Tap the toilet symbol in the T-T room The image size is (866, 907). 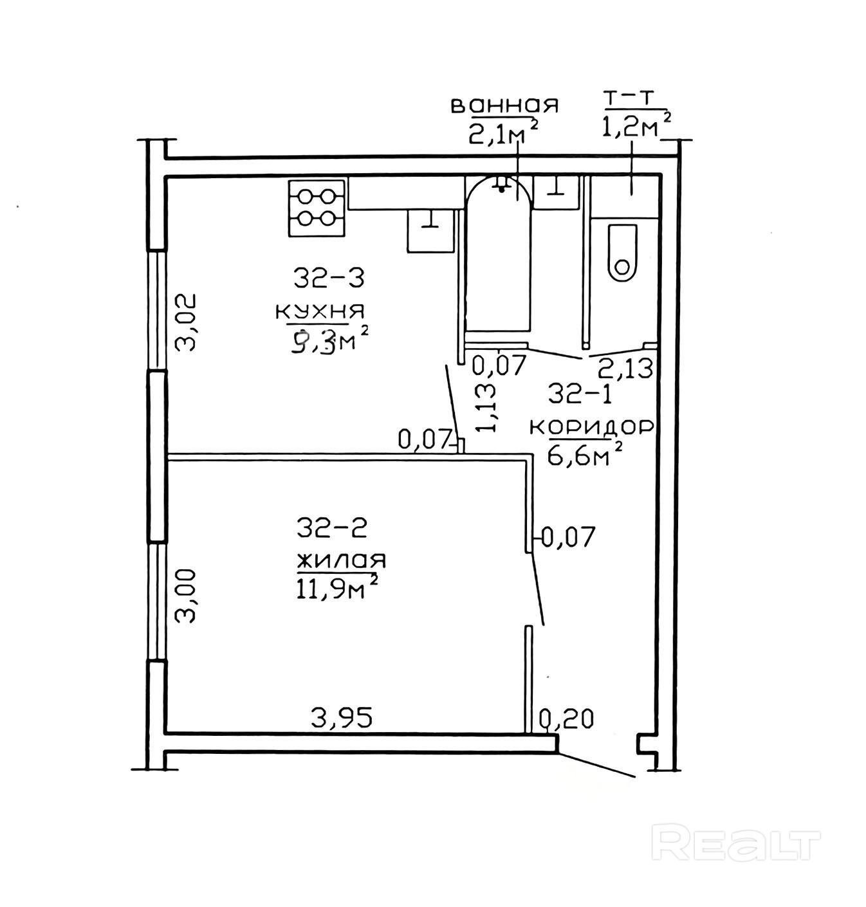[x=622, y=253]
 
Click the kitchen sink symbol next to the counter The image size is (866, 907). [x=430, y=230]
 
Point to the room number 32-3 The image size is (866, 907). [x=329, y=279]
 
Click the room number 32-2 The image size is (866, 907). [x=331, y=529]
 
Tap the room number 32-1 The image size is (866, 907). [x=580, y=392]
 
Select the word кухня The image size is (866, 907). [x=320, y=311]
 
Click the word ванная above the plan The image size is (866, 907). [x=504, y=105]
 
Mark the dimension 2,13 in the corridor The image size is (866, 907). [x=625, y=369]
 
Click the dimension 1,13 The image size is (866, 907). [x=486, y=408]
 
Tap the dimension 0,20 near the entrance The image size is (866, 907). [x=566, y=718]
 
